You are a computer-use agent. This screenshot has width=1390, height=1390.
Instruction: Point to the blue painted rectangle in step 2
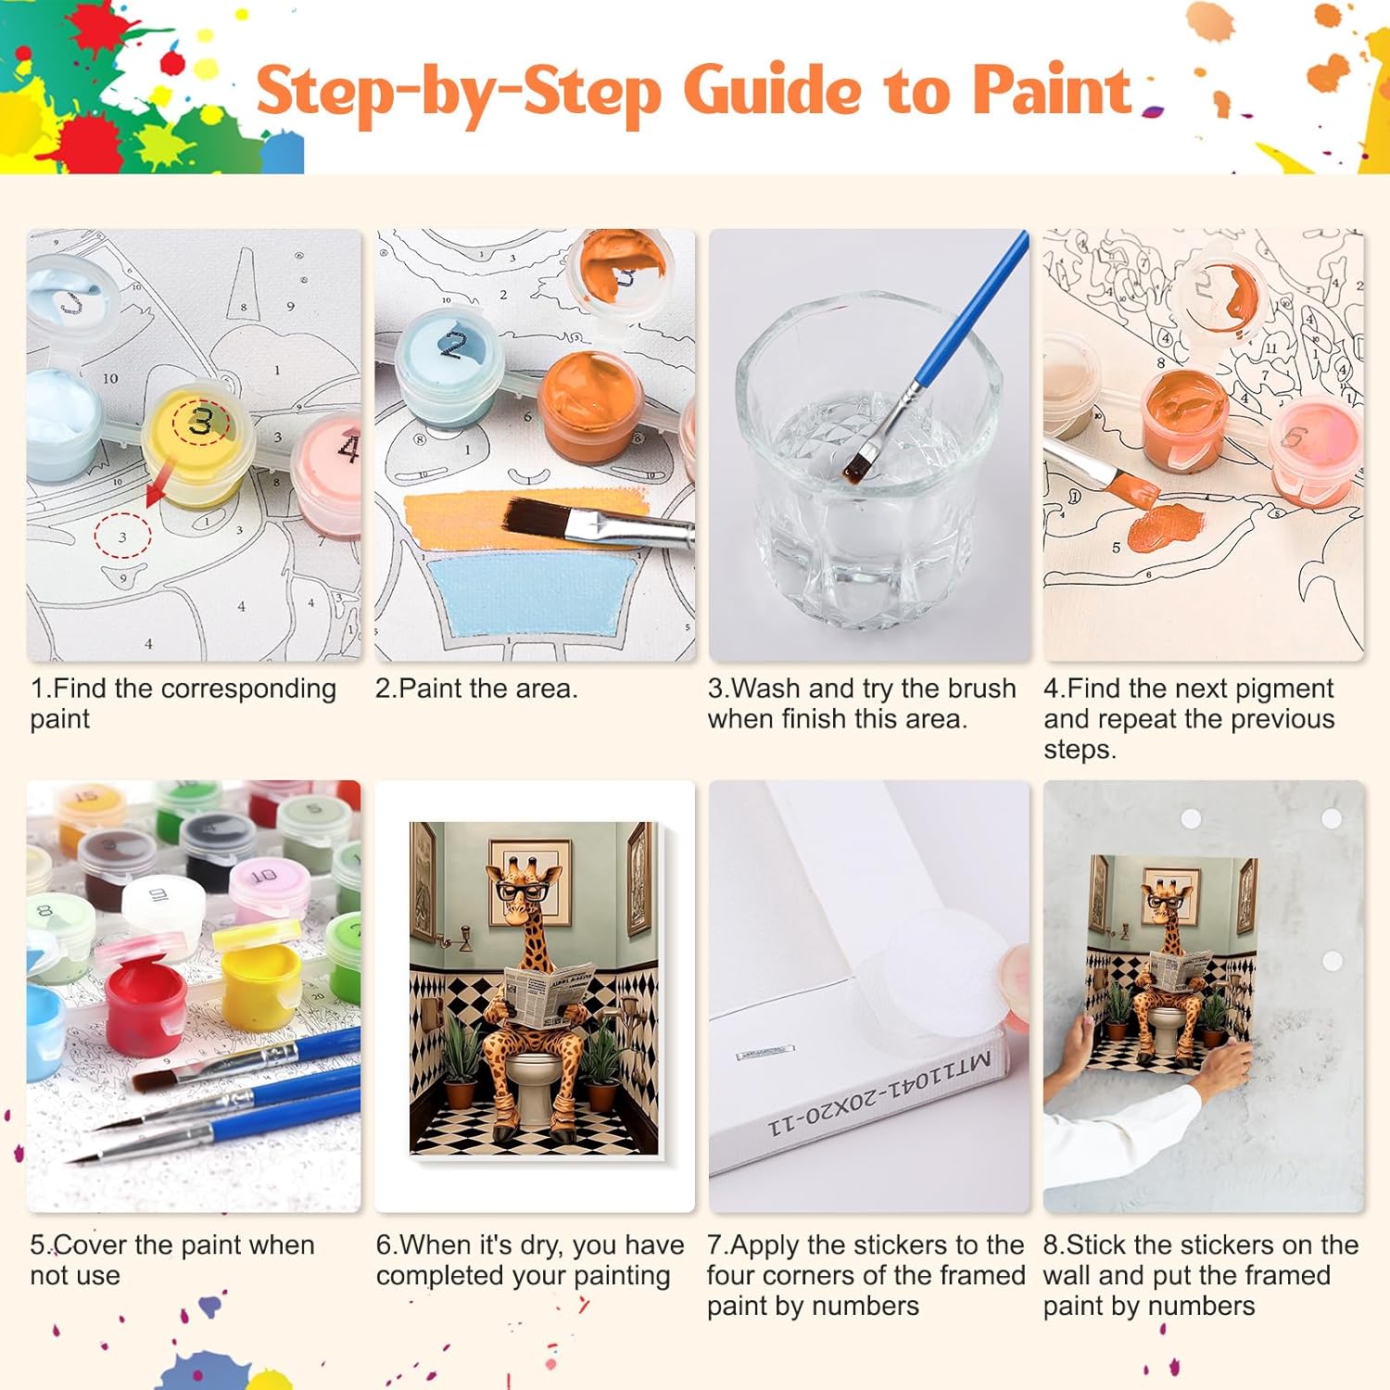534,593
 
